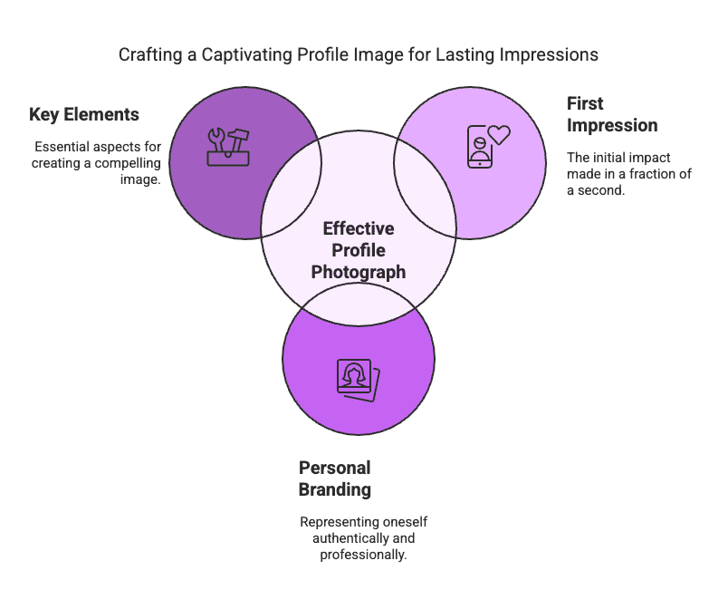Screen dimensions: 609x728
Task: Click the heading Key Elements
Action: (84, 115)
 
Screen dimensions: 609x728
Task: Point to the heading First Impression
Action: (612, 114)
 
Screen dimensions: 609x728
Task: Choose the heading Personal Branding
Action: (335, 478)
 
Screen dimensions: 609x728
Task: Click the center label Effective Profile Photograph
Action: (359, 250)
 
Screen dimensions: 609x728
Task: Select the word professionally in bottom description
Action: (363, 554)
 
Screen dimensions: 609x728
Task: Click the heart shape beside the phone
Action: (499, 135)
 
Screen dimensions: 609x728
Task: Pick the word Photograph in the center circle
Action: (359, 272)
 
